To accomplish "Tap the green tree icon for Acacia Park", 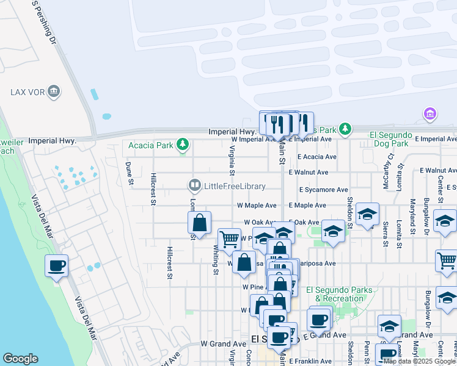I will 181,145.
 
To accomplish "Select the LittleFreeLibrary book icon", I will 195,184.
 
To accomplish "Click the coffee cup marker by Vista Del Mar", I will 56,266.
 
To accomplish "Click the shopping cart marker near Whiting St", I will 229,239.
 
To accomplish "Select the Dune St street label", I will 129,173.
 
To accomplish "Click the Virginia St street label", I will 232,157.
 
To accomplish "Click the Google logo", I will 20,359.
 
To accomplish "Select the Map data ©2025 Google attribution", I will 419,361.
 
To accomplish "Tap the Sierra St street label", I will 384,233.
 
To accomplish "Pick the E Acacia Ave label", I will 316,157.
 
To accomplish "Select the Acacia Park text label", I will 150,145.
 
